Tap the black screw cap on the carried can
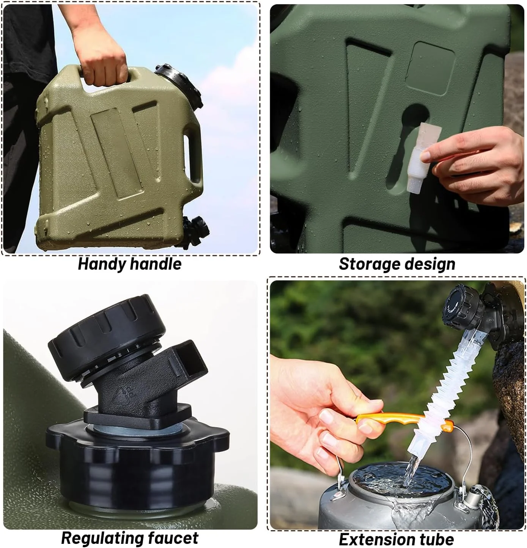(179, 86)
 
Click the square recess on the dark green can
(430, 68)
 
